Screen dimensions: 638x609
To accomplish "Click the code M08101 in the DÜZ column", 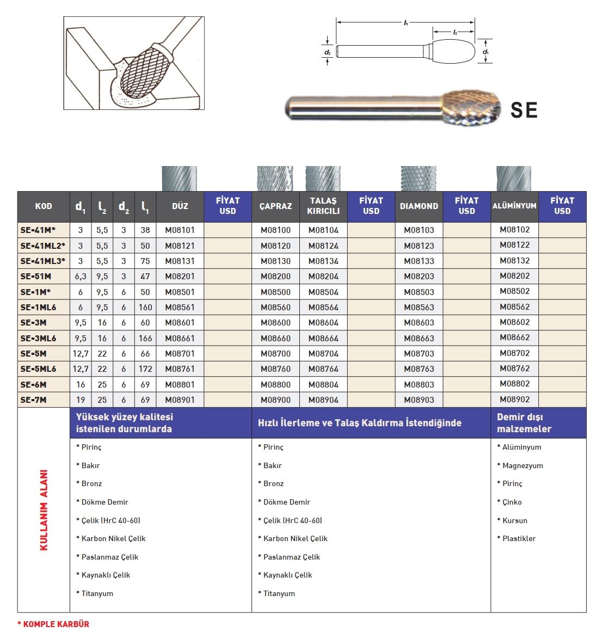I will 180,230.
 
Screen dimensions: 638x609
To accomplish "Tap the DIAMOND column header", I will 419,206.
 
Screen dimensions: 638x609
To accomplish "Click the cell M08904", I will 323,400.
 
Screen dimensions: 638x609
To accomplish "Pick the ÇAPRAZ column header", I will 275,206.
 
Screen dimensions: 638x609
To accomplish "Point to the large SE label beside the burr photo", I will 524,111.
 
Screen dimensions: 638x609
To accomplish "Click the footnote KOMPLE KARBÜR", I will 53,624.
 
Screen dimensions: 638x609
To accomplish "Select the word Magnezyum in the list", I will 522,466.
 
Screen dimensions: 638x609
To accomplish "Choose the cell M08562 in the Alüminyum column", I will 514,307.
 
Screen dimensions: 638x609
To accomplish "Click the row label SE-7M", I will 34,400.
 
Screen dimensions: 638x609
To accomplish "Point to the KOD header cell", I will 44,206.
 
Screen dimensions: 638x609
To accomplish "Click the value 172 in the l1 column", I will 145,369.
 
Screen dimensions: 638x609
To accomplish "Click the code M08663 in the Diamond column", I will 419,339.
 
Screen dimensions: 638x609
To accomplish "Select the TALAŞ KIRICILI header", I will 323,206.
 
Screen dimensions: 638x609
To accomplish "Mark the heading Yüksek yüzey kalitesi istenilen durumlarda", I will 125,423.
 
